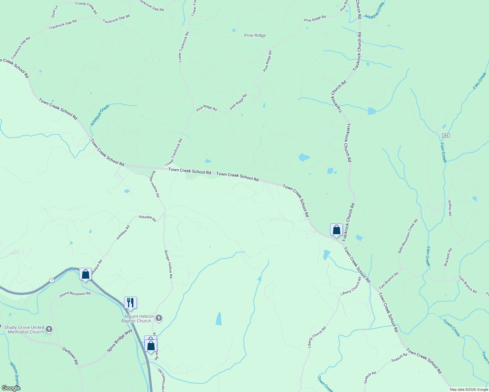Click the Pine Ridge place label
coord(255,35)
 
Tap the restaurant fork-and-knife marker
coord(130,302)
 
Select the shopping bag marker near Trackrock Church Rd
coord(336,230)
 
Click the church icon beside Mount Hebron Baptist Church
coord(159,318)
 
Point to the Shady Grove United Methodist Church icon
coord(49,329)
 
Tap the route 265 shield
coord(446,136)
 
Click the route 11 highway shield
coord(52,280)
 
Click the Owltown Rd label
coord(71,356)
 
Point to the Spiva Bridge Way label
coord(120,341)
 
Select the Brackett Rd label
coord(448,257)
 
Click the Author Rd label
coord(450,208)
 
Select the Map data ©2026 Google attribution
coord(468,389)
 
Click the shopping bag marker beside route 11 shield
coord(85,274)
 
